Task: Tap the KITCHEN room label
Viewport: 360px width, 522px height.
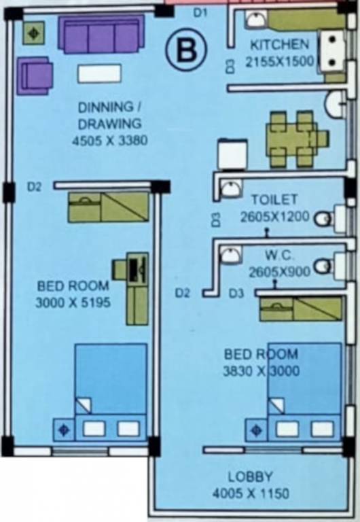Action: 279,46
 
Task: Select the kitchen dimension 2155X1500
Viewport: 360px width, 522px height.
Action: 279,63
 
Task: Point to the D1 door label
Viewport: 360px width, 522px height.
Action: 200,12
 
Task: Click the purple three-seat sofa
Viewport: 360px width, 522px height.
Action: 101,35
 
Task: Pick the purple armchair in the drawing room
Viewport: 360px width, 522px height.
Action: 34,72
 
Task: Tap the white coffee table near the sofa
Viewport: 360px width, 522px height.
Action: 99,72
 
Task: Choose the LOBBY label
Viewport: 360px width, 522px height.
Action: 250,476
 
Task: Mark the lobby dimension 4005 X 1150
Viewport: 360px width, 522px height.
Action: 250,492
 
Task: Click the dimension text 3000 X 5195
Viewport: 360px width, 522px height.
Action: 73,301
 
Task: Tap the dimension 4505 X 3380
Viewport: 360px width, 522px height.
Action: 109,141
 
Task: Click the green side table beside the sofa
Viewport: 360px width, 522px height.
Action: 34,33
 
